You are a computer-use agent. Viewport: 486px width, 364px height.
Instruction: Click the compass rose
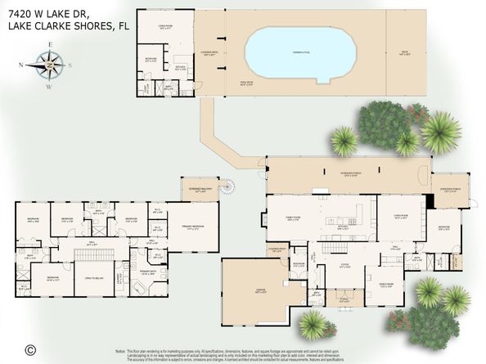(x=50, y=63)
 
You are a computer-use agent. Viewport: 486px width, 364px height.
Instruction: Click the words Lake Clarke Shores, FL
(x=65, y=25)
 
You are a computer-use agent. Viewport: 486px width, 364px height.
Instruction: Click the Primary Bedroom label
(x=193, y=229)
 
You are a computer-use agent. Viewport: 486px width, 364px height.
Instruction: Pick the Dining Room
(x=386, y=285)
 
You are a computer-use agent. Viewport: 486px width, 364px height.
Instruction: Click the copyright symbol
(x=30, y=349)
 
